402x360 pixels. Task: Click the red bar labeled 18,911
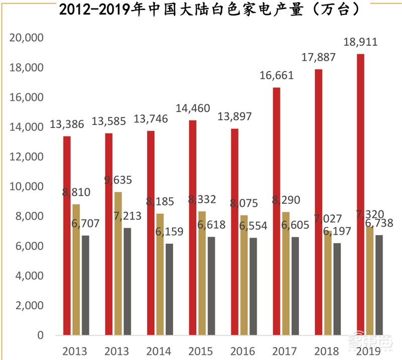pos(361,196)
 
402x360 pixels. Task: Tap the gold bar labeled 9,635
pos(118,264)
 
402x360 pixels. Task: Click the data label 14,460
pos(193,107)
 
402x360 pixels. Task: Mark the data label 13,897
pos(235,116)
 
